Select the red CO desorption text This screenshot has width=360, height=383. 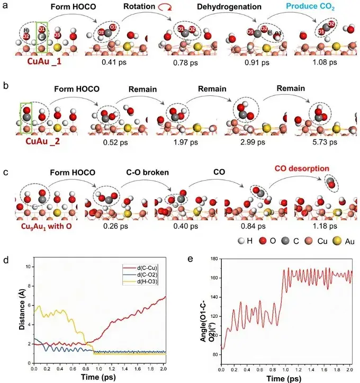(x=302, y=168)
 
